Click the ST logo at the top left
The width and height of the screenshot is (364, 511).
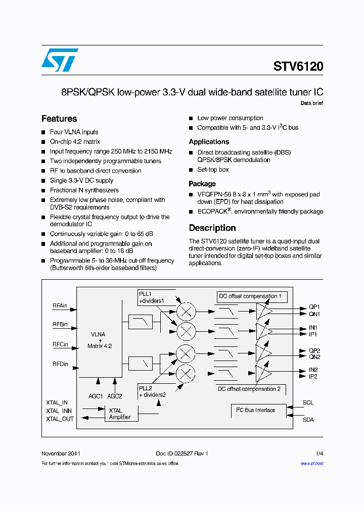pyautogui.click(x=60, y=60)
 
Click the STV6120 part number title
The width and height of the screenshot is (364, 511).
pyautogui.click(x=298, y=67)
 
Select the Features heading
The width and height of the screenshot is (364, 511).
pyautogui.click(x=59, y=119)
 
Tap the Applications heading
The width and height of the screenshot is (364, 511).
pyautogui.click(x=209, y=142)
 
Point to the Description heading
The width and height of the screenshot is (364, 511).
pyautogui.click(x=212, y=228)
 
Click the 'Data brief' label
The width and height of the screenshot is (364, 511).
pyautogui.click(x=311, y=103)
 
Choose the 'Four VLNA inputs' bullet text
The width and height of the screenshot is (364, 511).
pyautogui.click(x=74, y=132)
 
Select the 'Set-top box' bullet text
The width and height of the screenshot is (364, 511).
pyautogui.click(x=213, y=170)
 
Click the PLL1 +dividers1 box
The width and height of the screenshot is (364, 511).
pyautogui.click(x=152, y=297)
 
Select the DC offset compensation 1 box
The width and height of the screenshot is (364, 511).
pyautogui.click(x=251, y=296)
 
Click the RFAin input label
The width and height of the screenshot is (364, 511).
pyautogui.click(x=60, y=305)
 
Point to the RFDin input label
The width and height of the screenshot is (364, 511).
pyautogui.click(x=60, y=364)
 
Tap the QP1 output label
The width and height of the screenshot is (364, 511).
pyautogui.click(x=314, y=307)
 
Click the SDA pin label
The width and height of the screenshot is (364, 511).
pyautogui.click(x=308, y=420)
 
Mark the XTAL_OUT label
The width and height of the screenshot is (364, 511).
pyautogui.click(x=60, y=419)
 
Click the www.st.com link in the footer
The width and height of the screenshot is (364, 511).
pyautogui.click(x=311, y=463)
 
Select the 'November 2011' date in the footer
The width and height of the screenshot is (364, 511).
pyautogui.click(x=60, y=453)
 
